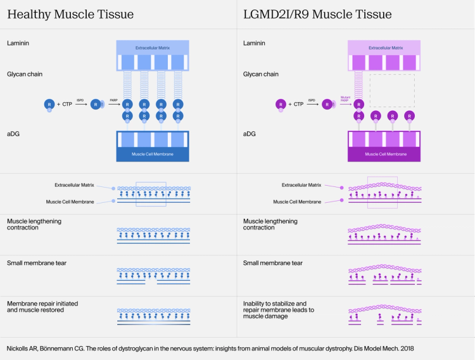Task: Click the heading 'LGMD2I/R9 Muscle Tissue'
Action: click(x=317, y=14)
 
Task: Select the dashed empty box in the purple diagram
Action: click(x=392, y=90)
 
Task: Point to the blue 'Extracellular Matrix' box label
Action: click(x=153, y=48)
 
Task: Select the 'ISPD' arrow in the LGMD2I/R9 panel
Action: click(x=312, y=103)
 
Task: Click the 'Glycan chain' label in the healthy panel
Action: click(x=25, y=74)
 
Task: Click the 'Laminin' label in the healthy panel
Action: click(x=18, y=44)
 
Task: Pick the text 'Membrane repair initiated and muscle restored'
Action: click(x=42, y=307)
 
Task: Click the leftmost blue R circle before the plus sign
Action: click(x=48, y=103)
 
